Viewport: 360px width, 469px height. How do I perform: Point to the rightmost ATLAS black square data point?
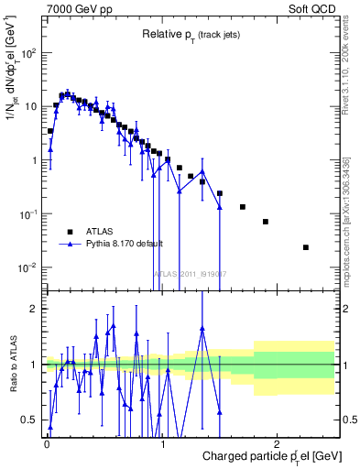(x=306, y=247)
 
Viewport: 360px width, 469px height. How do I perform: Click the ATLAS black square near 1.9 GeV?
(x=266, y=222)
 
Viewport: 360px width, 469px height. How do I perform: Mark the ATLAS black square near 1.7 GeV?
(x=243, y=207)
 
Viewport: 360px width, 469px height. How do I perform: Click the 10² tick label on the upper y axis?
(x=28, y=52)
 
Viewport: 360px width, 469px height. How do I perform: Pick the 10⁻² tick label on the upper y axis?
(x=28, y=267)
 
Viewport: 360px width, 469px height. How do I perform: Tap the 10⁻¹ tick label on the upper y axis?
(x=28, y=214)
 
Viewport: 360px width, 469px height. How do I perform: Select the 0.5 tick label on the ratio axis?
(x=29, y=420)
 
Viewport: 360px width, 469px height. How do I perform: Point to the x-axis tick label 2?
(x=278, y=443)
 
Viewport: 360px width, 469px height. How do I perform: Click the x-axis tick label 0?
(x=46, y=443)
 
